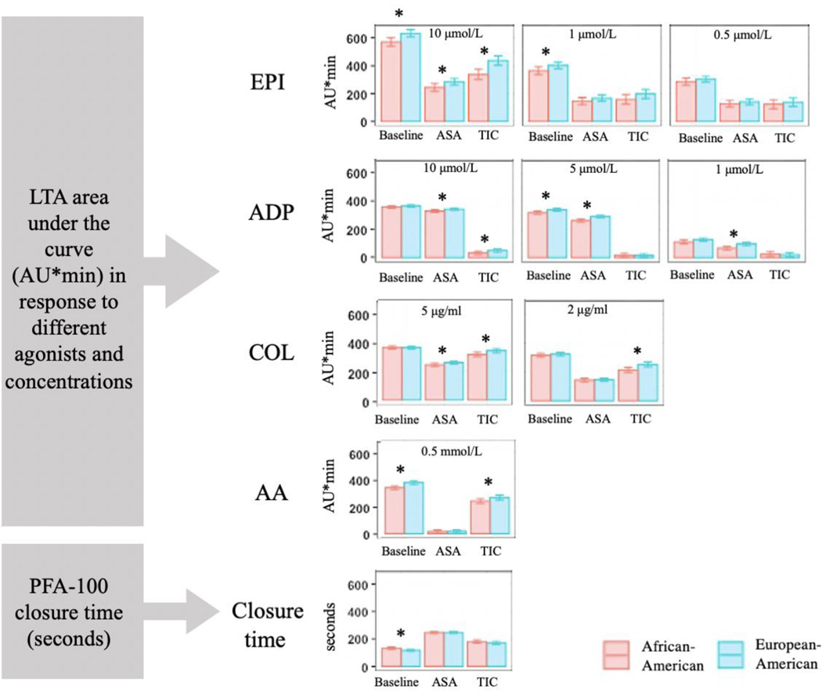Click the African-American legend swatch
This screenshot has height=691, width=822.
[618, 655]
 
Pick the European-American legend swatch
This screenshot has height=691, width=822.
[734, 655]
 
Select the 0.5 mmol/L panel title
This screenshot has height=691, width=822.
[444, 448]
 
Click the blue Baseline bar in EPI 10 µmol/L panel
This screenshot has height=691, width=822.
[411, 77]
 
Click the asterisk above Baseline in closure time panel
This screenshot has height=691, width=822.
[401, 635]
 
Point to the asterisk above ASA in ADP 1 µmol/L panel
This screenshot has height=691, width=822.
[734, 233]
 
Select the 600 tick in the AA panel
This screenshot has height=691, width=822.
[361, 455]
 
